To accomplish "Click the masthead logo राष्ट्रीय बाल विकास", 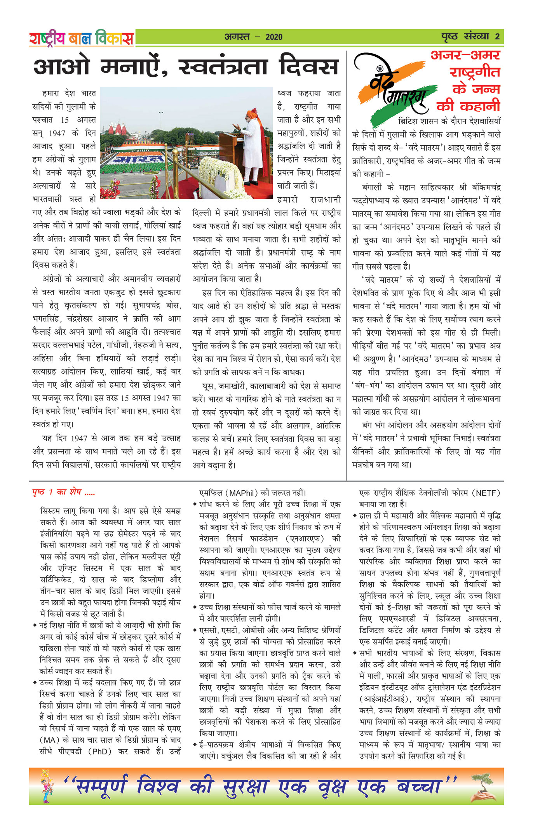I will click(81, 38).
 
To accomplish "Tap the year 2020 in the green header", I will click(274, 37).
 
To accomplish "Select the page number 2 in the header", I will click(497, 37).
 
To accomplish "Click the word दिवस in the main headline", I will click(309, 67).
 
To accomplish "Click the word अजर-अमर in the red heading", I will click(465, 55).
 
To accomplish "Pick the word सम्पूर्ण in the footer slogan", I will click(102, 787).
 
